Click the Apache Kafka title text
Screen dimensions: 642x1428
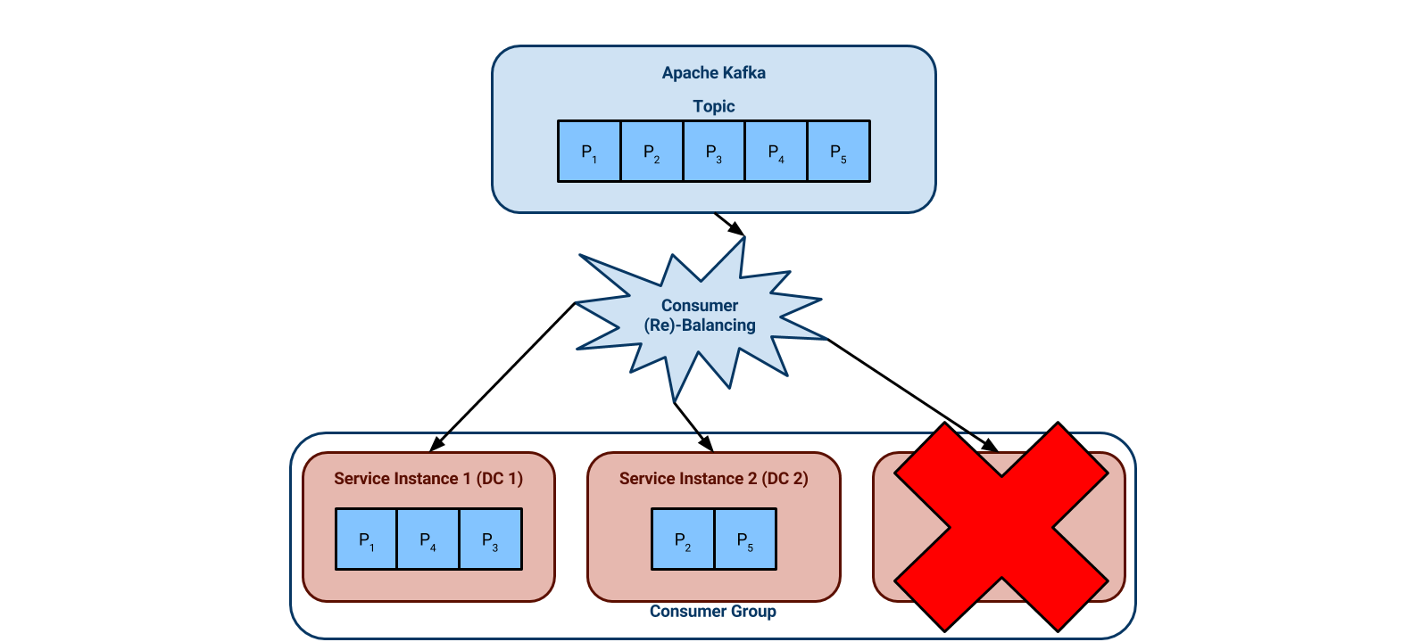[x=713, y=73]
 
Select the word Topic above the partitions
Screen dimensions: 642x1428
[x=713, y=106]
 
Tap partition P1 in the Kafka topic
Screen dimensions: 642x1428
[x=589, y=152]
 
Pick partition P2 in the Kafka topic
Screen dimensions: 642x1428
[x=652, y=152]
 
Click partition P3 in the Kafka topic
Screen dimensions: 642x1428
[x=714, y=152]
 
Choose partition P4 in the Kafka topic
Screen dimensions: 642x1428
[x=776, y=152]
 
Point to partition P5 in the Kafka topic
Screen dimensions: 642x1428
[x=838, y=152]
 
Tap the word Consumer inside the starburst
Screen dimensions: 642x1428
[x=699, y=306]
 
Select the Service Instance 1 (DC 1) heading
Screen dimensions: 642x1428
[x=428, y=479]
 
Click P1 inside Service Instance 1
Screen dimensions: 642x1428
[x=366, y=539]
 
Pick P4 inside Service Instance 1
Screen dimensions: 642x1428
[x=428, y=539]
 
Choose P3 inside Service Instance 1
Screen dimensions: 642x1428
[x=490, y=539]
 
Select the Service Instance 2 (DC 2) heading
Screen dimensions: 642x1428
[x=713, y=479]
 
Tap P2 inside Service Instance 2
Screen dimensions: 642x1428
[x=683, y=539]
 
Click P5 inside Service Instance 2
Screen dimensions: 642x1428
[x=745, y=539]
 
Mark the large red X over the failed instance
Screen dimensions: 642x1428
[x=1001, y=527]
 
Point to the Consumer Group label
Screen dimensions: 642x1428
[x=712, y=612]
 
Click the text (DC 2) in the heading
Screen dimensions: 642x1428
[x=785, y=479]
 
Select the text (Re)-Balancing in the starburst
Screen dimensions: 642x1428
[x=700, y=325]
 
